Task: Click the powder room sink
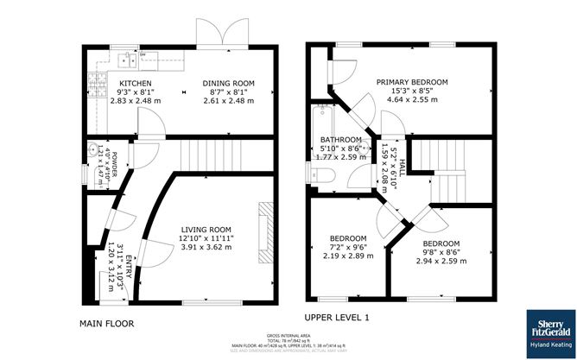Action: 92,148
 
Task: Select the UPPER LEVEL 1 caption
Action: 336,318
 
